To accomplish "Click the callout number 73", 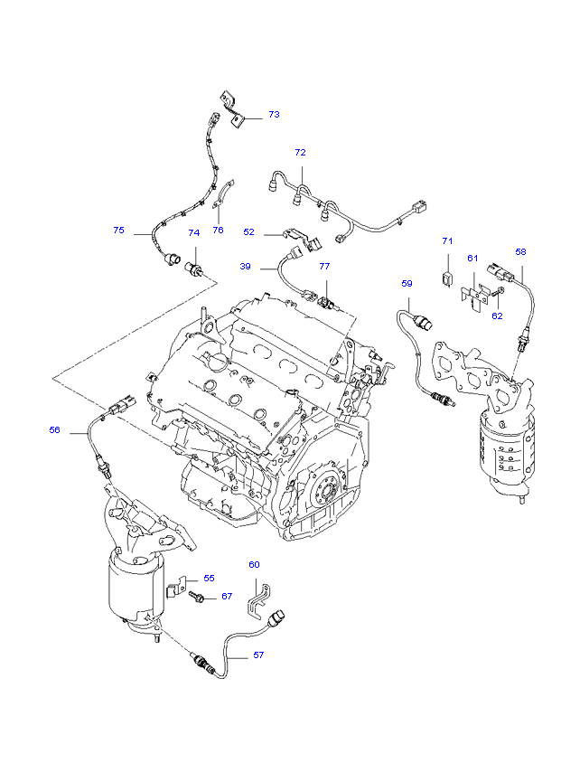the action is click(274, 114).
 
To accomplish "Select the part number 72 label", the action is click(300, 152).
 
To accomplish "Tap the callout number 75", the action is click(118, 230).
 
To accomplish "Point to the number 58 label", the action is click(520, 251).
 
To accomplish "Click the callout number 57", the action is click(258, 655).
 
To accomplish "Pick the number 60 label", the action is click(254, 564).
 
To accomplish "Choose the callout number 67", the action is click(227, 596).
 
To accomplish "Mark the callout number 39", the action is click(245, 267).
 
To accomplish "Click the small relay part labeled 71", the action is click(448, 278).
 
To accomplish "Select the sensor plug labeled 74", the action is click(194, 269).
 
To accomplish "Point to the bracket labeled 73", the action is click(232, 108).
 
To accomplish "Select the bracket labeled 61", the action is click(473, 297).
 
